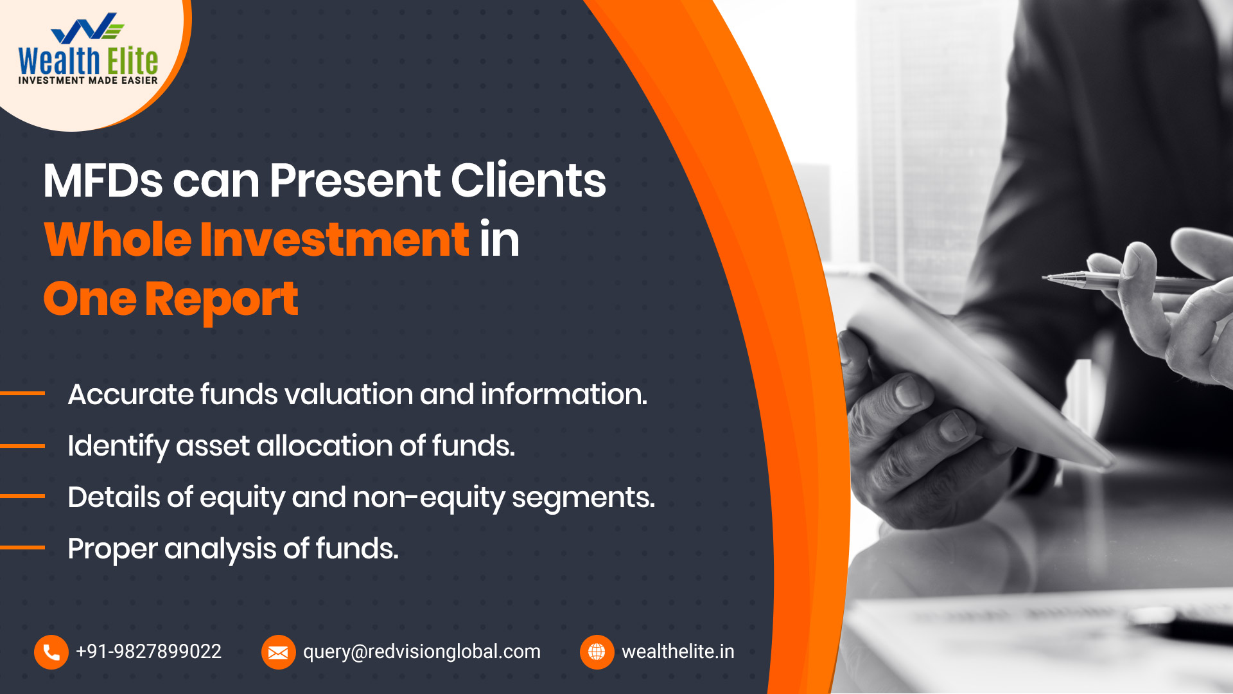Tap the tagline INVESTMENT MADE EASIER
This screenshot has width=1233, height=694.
coord(88,80)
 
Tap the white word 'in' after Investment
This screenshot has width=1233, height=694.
coord(500,239)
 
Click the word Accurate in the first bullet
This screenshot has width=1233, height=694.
coord(130,394)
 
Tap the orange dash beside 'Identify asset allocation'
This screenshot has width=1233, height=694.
coord(22,445)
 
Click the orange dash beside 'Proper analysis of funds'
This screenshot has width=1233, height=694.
coord(22,547)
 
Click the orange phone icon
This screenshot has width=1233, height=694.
coord(51,652)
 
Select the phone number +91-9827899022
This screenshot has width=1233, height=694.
coord(148,652)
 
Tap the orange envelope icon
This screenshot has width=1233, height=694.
coord(278,652)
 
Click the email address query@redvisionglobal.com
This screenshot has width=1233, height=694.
coord(422,652)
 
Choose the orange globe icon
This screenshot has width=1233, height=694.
coord(597,652)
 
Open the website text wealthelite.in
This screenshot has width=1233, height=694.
coord(678,652)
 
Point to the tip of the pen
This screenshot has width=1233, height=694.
coord(1043,278)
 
